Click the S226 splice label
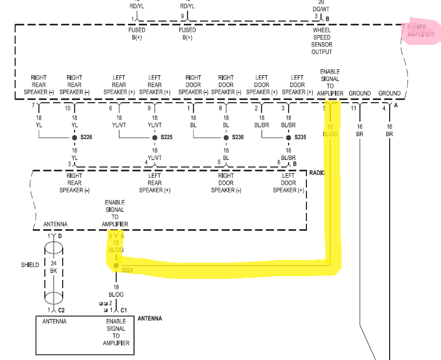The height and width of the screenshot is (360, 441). pos(86,138)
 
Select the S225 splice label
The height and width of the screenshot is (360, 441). pos(166,138)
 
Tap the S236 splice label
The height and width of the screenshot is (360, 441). pos(238,138)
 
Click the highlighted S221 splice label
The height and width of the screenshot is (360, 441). pos(128,270)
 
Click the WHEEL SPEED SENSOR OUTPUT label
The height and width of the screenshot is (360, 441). pos(322,41)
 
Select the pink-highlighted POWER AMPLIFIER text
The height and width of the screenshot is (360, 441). pos(420,30)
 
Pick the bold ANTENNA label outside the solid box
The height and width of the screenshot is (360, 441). pos(150,318)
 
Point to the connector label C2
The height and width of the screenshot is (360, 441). pos(62,310)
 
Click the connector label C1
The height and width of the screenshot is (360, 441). pos(124,310)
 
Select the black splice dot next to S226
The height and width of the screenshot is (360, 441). pos(75,138)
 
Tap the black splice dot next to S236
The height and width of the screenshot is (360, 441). pos(226,138)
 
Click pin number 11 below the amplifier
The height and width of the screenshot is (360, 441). pos(354,109)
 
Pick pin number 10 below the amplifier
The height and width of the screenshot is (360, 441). pos(68,109)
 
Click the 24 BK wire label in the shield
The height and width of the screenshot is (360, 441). pos(54,267)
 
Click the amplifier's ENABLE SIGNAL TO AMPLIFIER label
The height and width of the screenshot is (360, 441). pos(330,82)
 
